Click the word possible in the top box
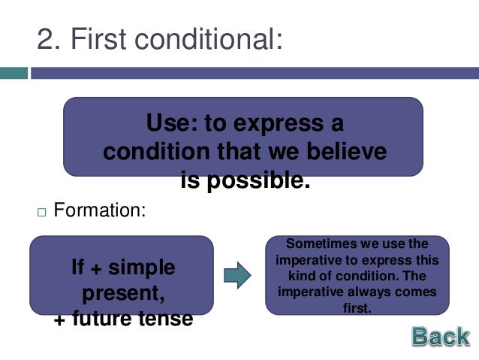pyautogui.click(x=266, y=180)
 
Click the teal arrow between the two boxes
pyautogui.click(x=238, y=276)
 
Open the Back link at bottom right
pyautogui.click(x=440, y=337)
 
